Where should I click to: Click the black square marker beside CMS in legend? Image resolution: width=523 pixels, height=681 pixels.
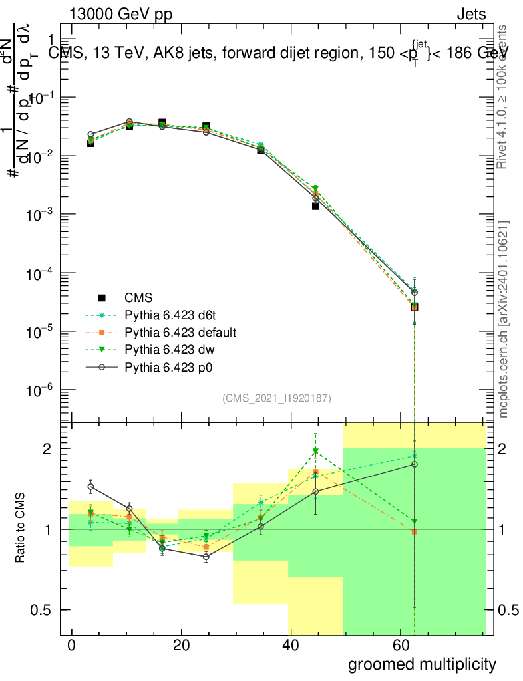(102, 297)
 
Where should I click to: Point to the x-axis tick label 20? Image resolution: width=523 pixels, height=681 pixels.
(180, 646)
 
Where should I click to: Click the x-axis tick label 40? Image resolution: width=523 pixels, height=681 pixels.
(290, 646)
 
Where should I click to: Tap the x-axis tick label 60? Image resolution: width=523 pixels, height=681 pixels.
(400, 646)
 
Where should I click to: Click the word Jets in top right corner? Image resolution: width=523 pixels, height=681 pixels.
(471, 15)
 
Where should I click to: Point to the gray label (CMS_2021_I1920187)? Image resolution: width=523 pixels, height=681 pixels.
(277, 398)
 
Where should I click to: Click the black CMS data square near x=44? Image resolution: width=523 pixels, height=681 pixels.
(315, 206)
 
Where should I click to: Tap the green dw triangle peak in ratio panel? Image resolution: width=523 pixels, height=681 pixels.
(315, 452)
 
